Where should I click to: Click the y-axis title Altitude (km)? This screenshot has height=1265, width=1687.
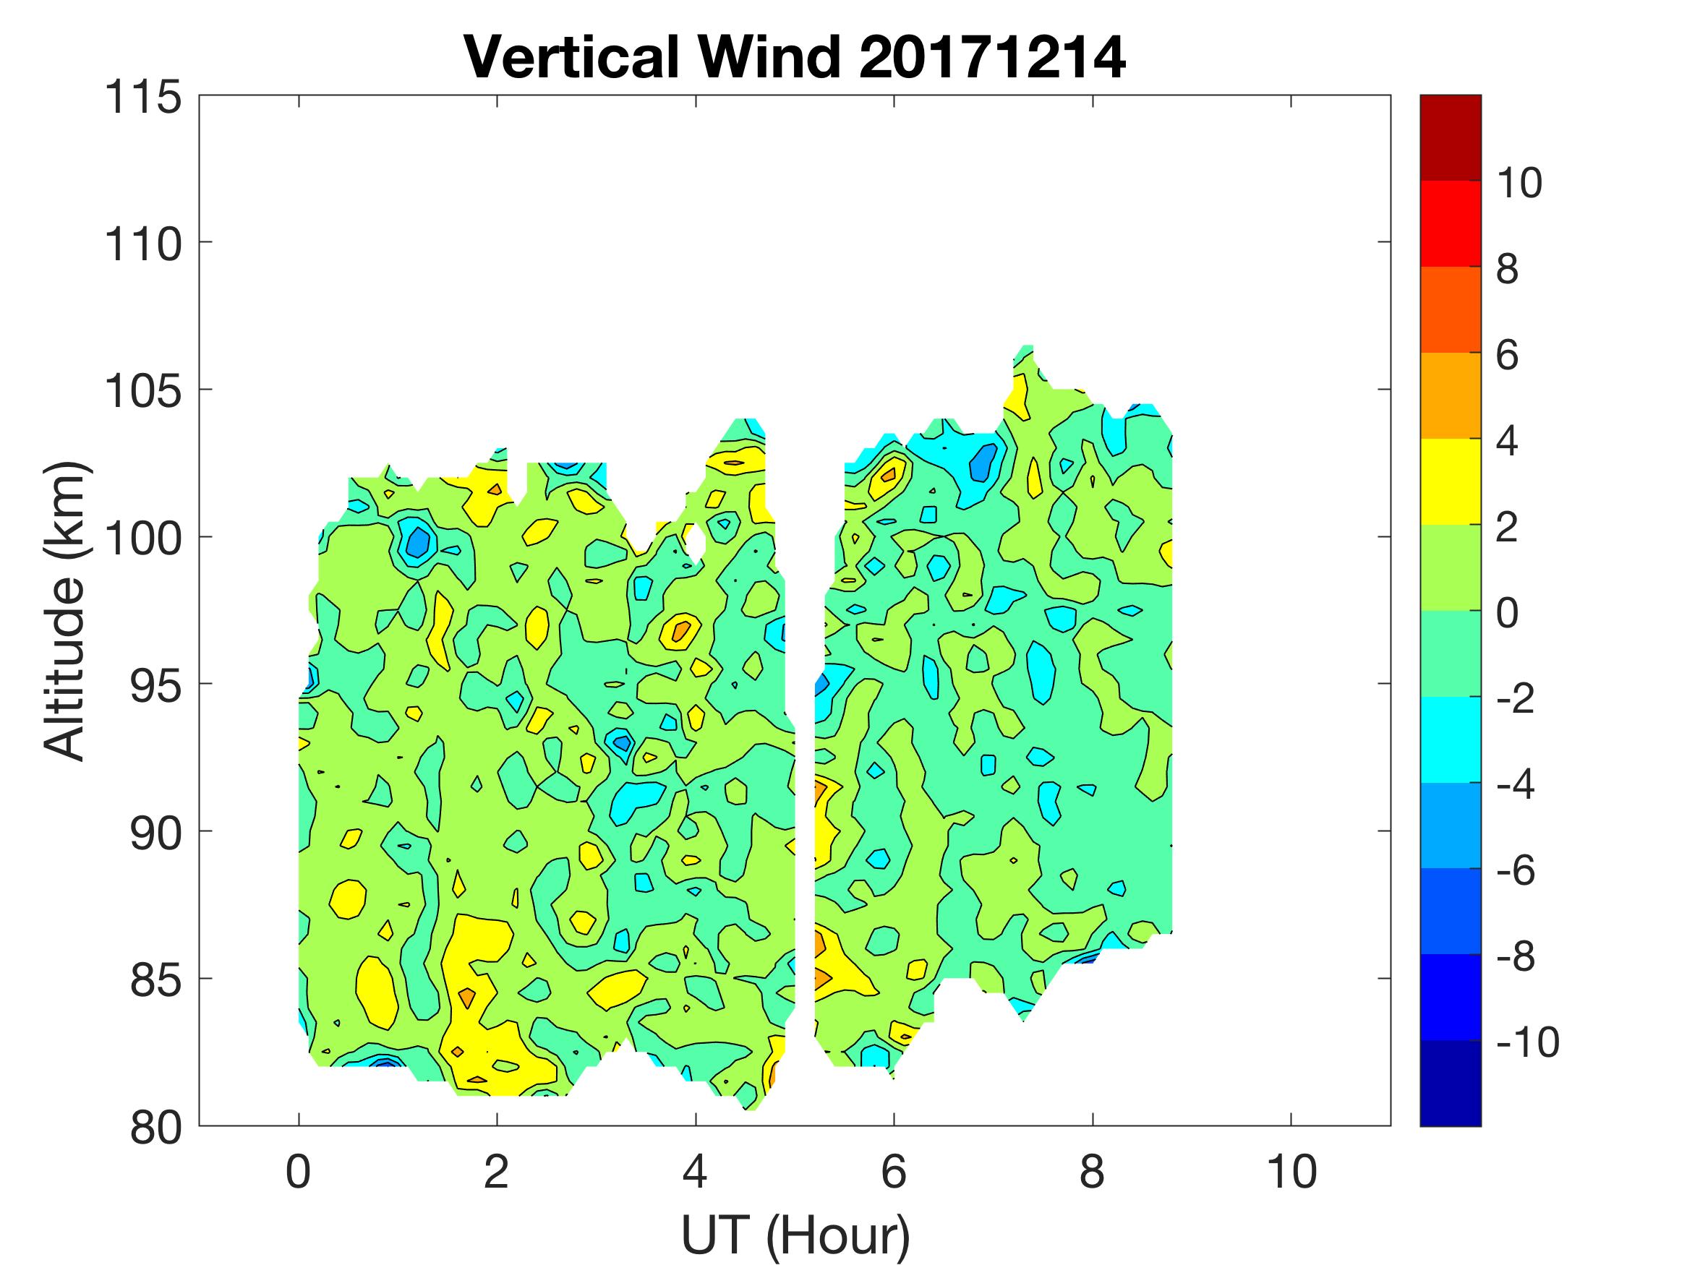click(x=64, y=611)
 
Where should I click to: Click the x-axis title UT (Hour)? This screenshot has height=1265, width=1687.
click(x=795, y=1235)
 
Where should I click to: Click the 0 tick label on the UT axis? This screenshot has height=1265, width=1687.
click(x=298, y=1171)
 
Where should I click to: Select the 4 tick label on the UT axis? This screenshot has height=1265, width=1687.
click(x=695, y=1171)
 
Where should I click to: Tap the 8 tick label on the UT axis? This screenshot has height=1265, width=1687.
click(x=1092, y=1171)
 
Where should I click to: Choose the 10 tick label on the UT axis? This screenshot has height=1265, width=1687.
click(x=1291, y=1171)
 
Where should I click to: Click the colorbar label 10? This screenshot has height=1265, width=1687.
click(x=1519, y=183)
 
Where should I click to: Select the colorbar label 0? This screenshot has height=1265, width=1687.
click(x=1508, y=613)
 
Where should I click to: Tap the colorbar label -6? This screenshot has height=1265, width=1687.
click(x=1518, y=871)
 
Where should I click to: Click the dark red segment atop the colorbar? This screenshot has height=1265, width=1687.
click(x=1450, y=137)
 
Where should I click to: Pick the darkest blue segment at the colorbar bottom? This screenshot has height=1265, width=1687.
click(x=1450, y=1083)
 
